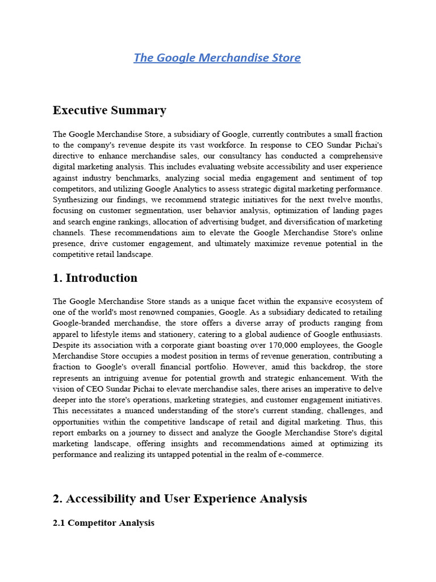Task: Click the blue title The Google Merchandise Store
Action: pyautogui.click(x=217, y=57)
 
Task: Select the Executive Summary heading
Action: pyautogui.click(x=110, y=110)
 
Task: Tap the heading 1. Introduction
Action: pyautogui.click(x=95, y=278)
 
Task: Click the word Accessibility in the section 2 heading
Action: pyautogui.click(x=100, y=498)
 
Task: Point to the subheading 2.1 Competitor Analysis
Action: pyautogui.click(x=103, y=522)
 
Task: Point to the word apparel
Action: pyautogui.click(x=67, y=334)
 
